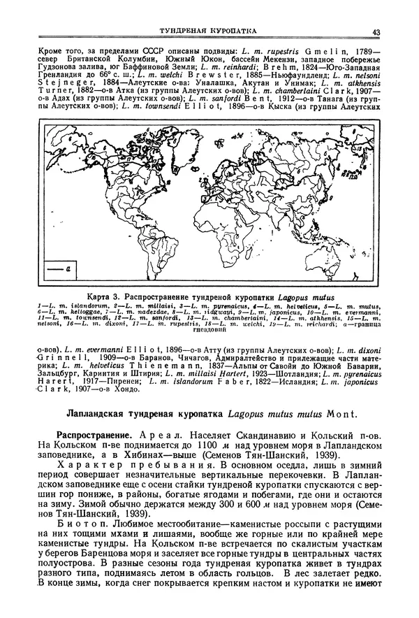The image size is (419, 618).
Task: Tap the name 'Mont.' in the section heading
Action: pos(339,413)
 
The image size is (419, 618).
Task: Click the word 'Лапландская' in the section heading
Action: pos(94,413)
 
